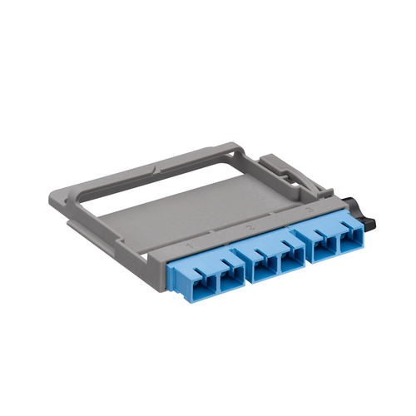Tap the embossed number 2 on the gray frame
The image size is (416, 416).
coord(250,226)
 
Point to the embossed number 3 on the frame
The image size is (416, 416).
coord(309,212)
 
